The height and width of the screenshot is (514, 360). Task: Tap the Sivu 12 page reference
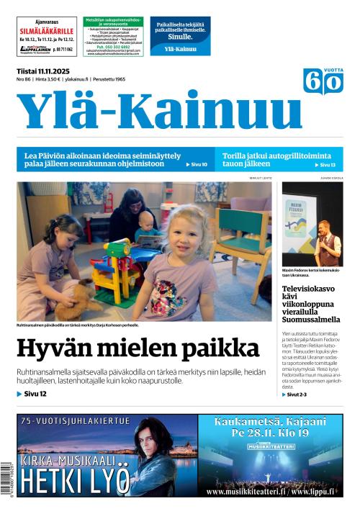coord(32,394)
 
